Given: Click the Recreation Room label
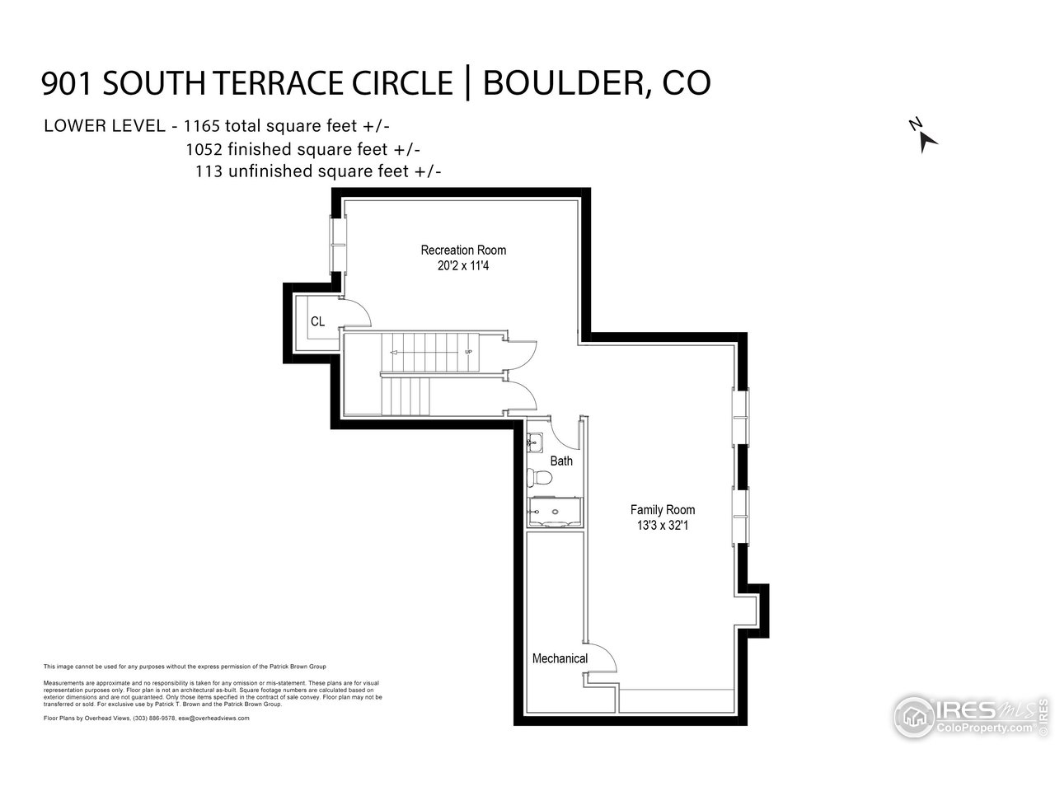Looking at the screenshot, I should click(x=463, y=250).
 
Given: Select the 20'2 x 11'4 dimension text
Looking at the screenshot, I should click(x=463, y=266).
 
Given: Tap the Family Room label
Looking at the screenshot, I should click(x=662, y=510).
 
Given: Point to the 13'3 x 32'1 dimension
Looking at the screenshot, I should click(x=662, y=526).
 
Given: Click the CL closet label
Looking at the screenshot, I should click(x=317, y=322).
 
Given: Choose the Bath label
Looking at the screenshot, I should click(x=561, y=461).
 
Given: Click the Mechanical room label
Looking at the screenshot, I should click(x=560, y=658).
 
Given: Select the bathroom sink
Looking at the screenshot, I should click(x=534, y=442).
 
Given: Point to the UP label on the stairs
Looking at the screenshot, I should click(x=468, y=352).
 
